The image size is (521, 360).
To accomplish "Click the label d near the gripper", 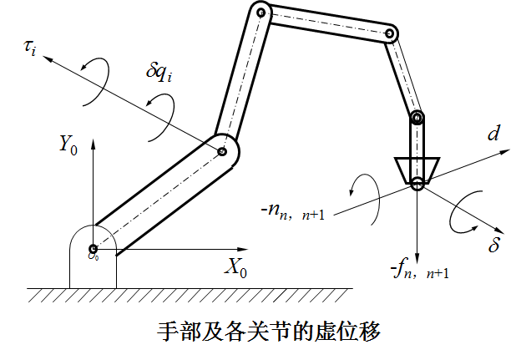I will (495, 134).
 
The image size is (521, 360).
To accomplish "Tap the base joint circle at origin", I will (94, 248).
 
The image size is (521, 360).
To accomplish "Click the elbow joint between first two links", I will (222, 152).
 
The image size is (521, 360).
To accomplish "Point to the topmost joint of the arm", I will (261, 13).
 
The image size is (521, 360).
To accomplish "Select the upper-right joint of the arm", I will (389, 33).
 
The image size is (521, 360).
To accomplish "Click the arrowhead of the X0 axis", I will (249, 248).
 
